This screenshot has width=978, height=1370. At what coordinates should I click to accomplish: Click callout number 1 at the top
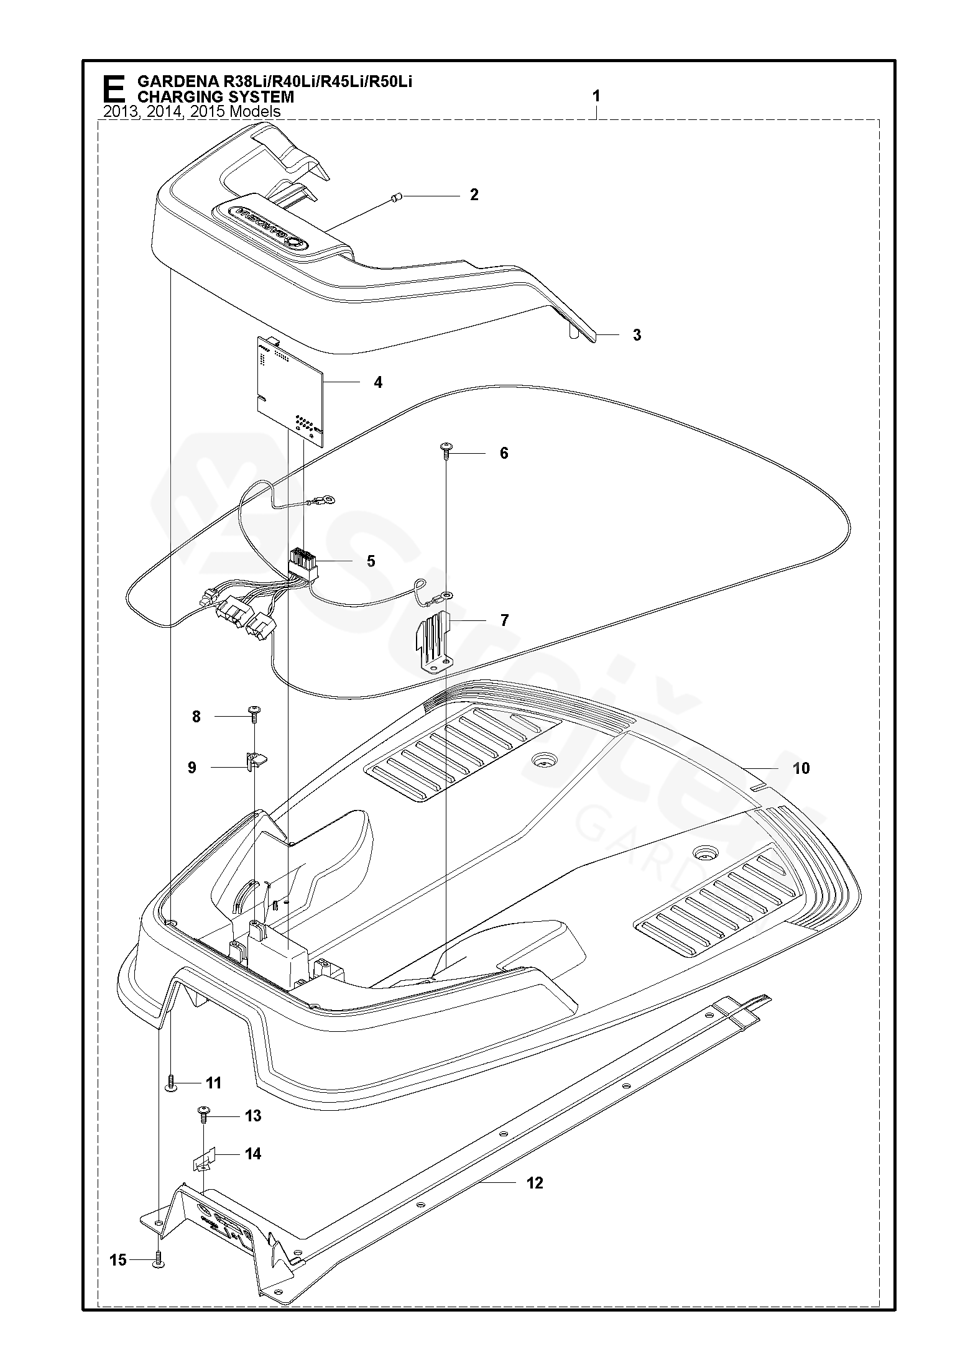coord(596,96)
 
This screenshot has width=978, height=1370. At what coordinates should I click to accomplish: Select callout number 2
coord(474,195)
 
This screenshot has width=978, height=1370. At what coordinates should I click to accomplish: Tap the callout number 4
coord(378,382)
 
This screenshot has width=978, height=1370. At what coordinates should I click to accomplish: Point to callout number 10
coord(801,768)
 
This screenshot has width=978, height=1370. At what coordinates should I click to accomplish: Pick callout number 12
coord(535,1183)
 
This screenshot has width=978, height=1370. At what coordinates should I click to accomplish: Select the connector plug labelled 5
coord(303,563)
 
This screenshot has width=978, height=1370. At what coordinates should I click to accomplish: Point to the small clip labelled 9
coord(255,760)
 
